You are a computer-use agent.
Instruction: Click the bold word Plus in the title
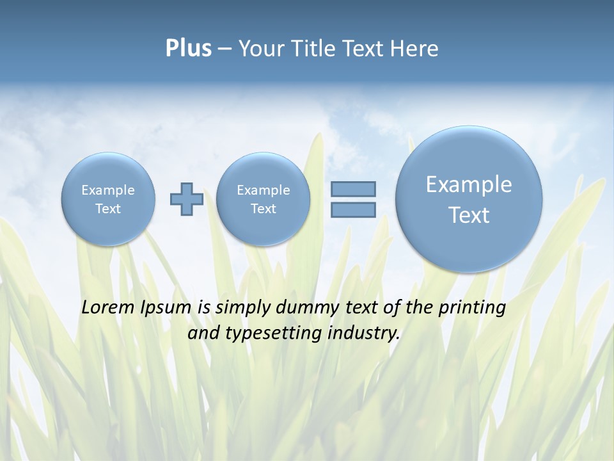188,49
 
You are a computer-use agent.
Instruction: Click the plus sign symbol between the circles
186,199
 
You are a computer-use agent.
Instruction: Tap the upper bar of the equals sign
353,189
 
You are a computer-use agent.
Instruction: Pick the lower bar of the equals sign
353,210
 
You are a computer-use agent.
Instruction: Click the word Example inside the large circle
469,184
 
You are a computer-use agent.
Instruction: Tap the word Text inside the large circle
469,215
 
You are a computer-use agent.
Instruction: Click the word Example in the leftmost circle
108,190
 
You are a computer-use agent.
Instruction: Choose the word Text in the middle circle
263,209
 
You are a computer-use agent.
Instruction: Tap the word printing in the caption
472,307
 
